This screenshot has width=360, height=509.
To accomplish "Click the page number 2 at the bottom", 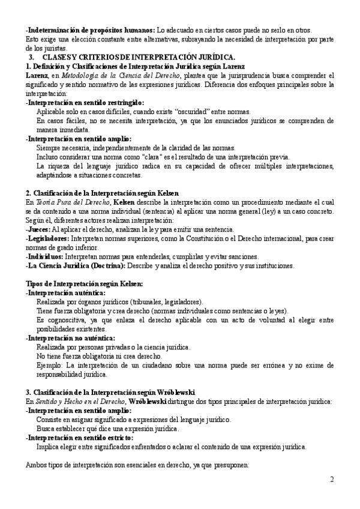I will coord(332,480).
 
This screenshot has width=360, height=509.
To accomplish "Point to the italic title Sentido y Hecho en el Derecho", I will coord(65,400).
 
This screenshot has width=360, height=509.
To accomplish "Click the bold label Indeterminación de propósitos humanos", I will coord(90,30).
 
